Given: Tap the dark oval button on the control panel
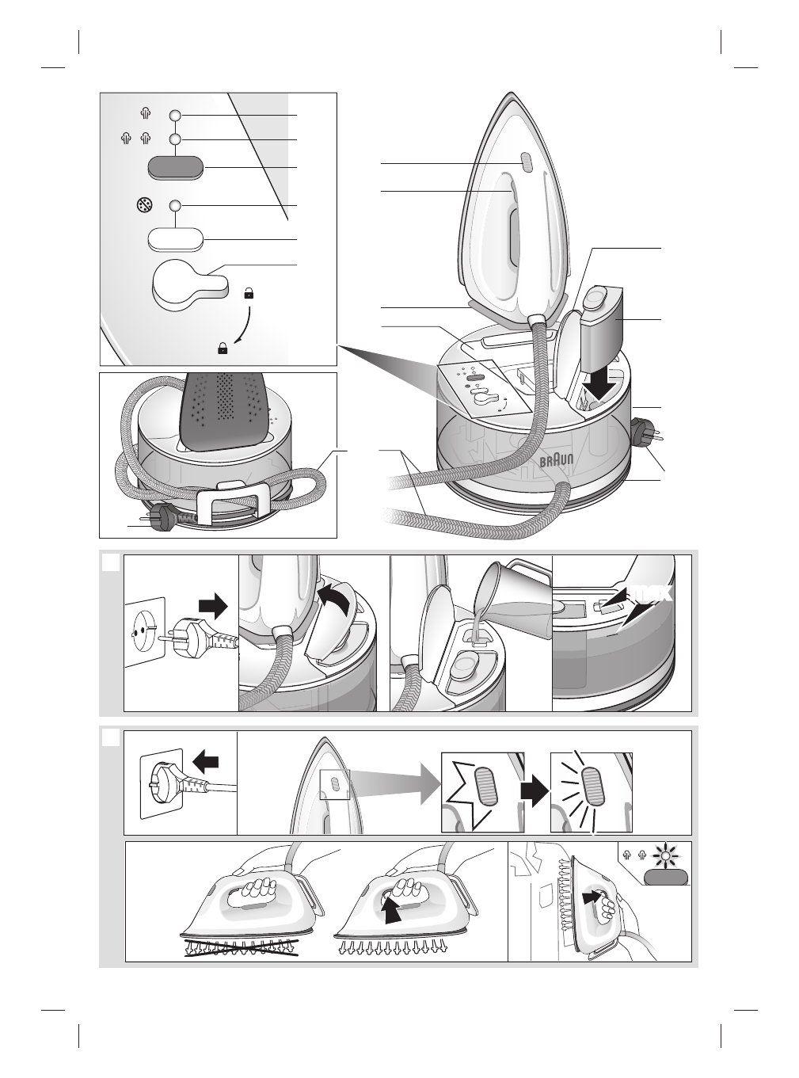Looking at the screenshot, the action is (176, 168).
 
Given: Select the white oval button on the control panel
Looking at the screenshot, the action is (176, 239).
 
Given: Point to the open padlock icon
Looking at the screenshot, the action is (249, 293).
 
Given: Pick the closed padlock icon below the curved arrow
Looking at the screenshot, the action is (223, 347).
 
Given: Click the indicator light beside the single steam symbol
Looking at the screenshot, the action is (176, 116).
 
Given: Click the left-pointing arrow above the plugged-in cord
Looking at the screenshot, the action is (206, 762).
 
